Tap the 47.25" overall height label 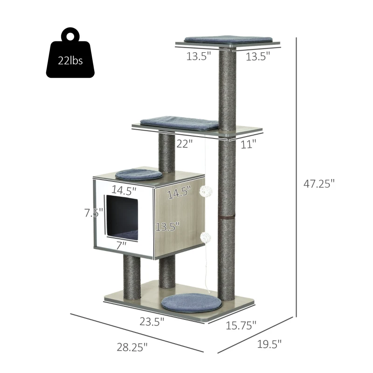point(319,184)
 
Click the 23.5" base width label point(152,321)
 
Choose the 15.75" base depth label point(241,325)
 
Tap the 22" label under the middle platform point(184,144)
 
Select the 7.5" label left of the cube point(94,213)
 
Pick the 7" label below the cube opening point(122,244)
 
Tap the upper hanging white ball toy point(206,191)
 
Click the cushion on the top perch point(228,39)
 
